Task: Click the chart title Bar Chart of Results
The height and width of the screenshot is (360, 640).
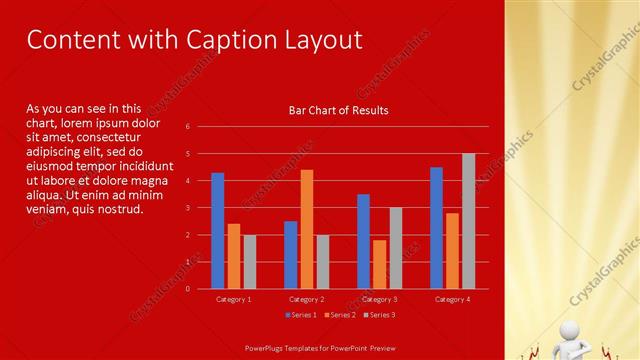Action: [338, 110]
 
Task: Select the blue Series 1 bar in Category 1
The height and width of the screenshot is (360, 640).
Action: [218, 230]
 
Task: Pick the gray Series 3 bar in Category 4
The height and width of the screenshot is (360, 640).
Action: [468, 221]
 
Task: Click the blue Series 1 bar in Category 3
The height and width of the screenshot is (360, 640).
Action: [363, 241]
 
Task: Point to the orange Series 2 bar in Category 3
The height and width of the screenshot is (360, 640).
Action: [379, 264]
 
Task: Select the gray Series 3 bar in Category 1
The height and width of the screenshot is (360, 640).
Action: [250, 261]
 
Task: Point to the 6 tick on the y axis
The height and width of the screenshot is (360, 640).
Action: [187, 127]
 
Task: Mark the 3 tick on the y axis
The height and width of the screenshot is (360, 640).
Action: [187, 208]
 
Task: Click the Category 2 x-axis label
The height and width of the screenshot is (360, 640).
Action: [306, 299]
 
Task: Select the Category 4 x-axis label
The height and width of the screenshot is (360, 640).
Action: [452, 299]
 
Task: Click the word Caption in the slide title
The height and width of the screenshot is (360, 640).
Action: [220, 40]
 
